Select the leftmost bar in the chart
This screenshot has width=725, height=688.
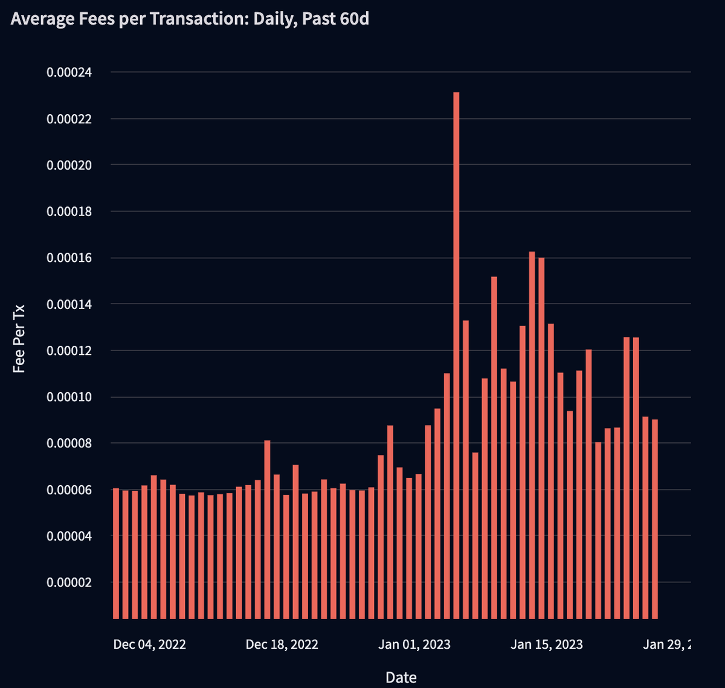tap(116, 553)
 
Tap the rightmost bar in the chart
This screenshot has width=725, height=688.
tap(655, 519)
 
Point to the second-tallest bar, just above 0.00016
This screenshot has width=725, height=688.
tap(532, 435)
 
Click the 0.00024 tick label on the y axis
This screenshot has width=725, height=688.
tap(69, 72)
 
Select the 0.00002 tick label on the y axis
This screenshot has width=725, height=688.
tap(69, 582)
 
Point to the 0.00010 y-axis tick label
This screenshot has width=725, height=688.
tap(69, 397)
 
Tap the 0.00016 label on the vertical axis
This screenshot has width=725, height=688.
tap(69, 258)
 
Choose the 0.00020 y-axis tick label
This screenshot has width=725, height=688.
tap(69, 165)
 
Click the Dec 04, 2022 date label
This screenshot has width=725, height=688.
tap(150, 645)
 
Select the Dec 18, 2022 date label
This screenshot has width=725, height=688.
tap(282, 645)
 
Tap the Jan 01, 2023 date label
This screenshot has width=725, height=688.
tap(414, 645)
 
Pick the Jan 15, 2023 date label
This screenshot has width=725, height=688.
tap(547, 645)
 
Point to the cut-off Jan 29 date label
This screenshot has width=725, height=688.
tap(666, 645)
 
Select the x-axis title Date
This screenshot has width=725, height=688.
tap(401, 678)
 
